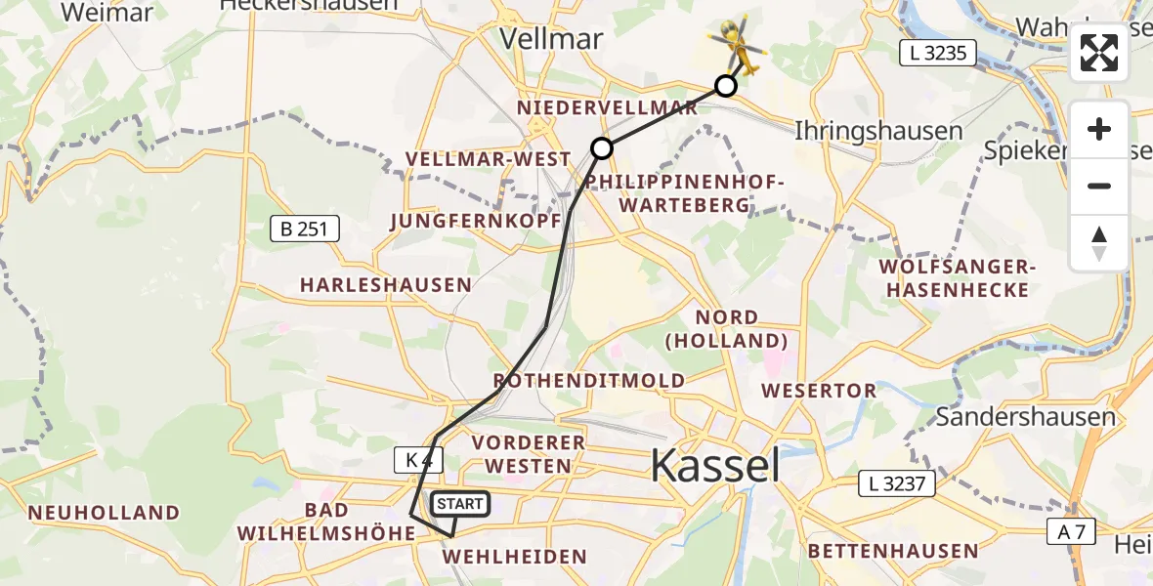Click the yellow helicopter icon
coord(739,45)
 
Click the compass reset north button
coord(1099,243)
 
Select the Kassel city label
coord(715,465)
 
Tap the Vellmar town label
coord(552,37)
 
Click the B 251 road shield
coord(305,230)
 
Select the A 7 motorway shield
coord(1070,532)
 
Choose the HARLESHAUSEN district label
coord(385,285)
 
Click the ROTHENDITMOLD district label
coord(589,380)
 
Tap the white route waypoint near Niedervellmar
coord(602,148)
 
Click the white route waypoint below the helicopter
coord(725,86)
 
